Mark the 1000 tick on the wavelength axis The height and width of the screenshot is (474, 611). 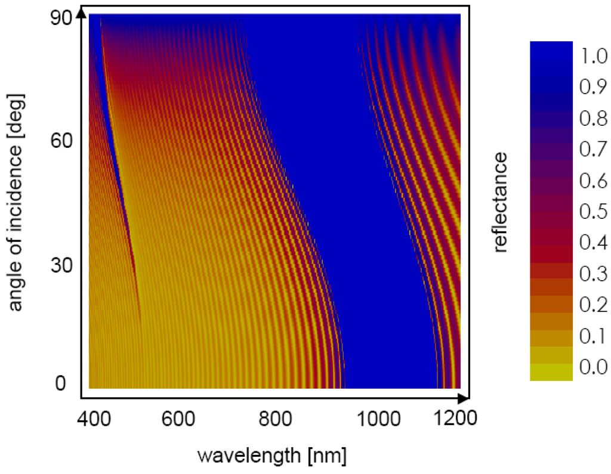point(375,419)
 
